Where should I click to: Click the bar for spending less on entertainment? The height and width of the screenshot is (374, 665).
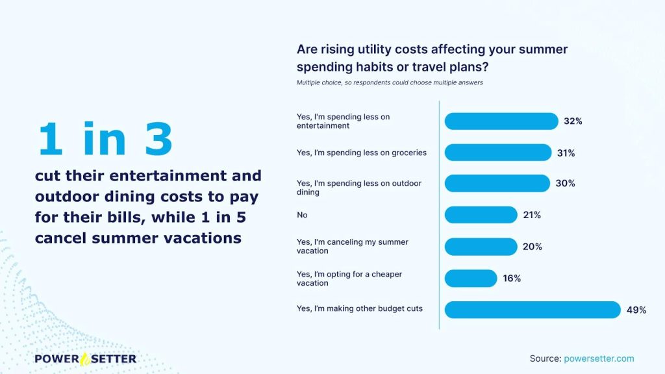pyautogui.click(x=501, y=121)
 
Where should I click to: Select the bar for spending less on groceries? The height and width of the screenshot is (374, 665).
pyautogui.click(x=498, y=153)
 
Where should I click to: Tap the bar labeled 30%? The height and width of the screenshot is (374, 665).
pyautogui.click(x=497, y=183)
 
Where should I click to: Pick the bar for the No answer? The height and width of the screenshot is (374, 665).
pyautogui.click(x=481, y=215)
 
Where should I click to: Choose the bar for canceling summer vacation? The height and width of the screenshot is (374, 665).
pyautogui.click(x=481, y=247)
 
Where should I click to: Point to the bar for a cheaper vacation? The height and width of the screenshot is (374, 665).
pyautogui.click(x=471, y=278)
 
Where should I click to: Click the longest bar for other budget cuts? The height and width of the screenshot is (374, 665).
pyautogui.click(x=533, y=310)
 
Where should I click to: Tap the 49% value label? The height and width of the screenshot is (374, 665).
pyautogui.click(x=636, y=310)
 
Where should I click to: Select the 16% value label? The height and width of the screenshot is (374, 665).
pyautogui.click(x=512, y=278)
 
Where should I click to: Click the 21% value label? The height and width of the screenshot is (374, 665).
pyautogui.click(x=532, y=215)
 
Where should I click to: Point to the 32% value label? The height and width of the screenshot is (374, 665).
pyautogui.click(x=573, y=121)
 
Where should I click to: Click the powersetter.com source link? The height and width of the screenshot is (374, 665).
pyautogui.click(x=599, y=358)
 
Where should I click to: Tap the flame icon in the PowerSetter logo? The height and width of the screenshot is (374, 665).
pyautogui.click(x=85, y=359)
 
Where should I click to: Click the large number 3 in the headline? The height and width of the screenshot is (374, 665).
pyautogui.click(x=158, y=139)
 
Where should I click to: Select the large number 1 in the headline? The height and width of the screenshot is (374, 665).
pyautogui.click(x=51, y=139)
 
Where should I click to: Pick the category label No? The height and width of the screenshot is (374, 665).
pyautogui.click(x=302, y=215)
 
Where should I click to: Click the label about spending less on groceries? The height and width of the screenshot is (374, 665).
pyautogui.click(x=361, y=153)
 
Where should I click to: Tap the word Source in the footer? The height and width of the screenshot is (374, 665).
pyautogui.click(x=546, y=358)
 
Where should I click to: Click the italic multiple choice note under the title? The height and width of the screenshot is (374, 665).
pyautogui.click(x=390, y=82)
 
